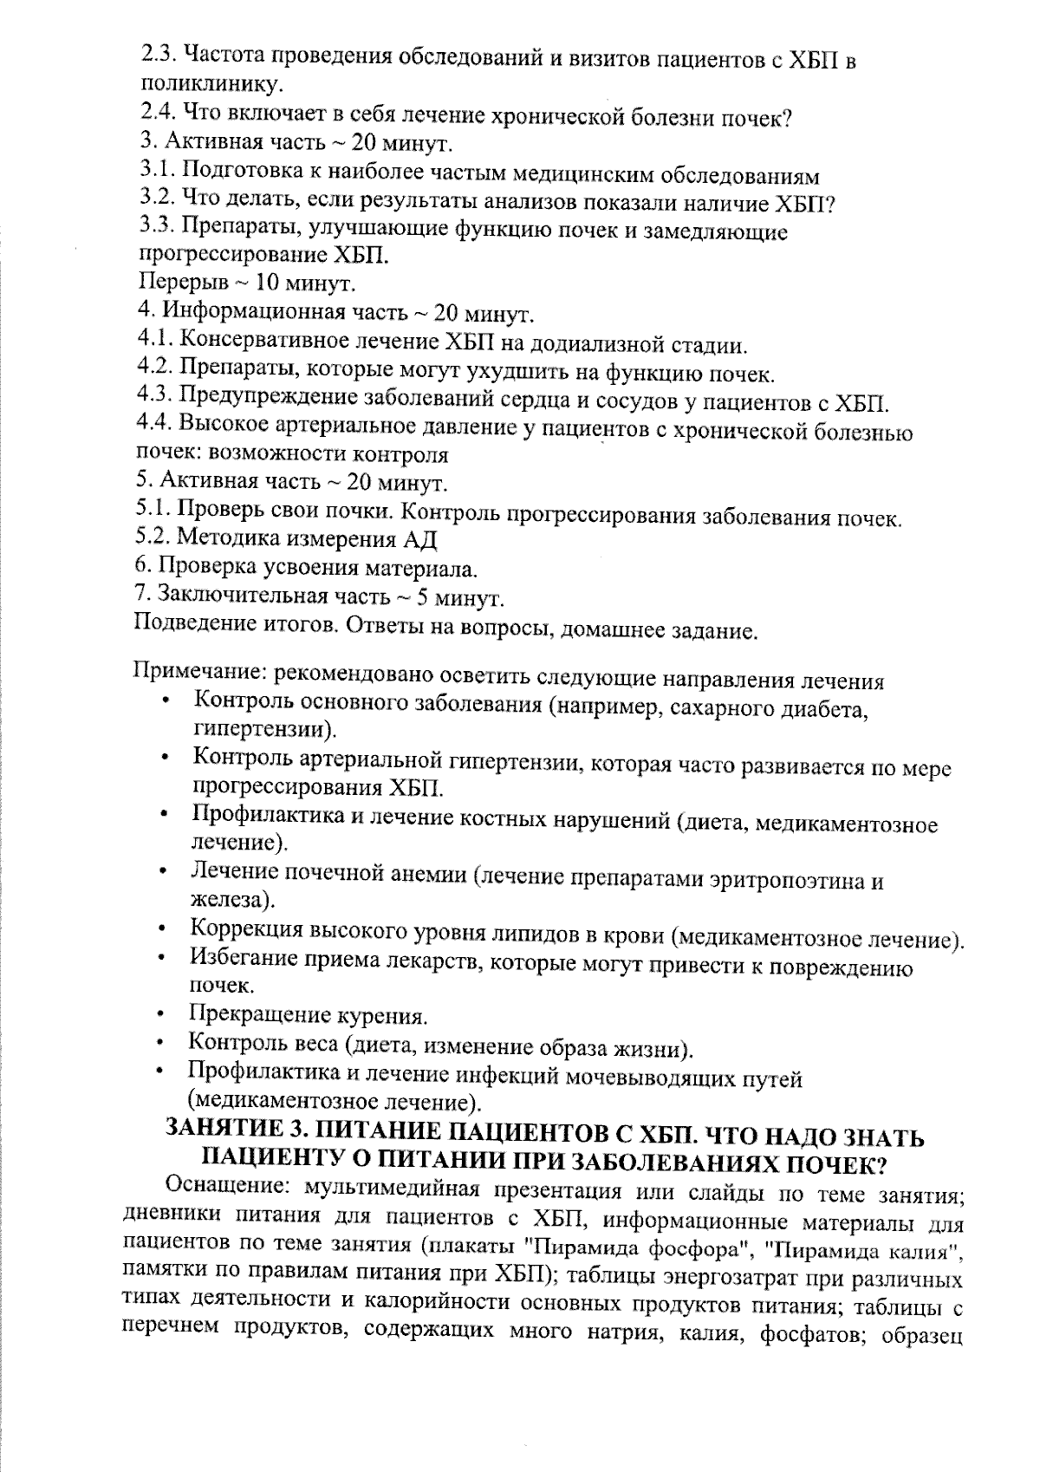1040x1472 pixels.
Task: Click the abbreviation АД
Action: tap(419, 539)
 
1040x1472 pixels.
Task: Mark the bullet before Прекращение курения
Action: tap(161, 1014)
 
